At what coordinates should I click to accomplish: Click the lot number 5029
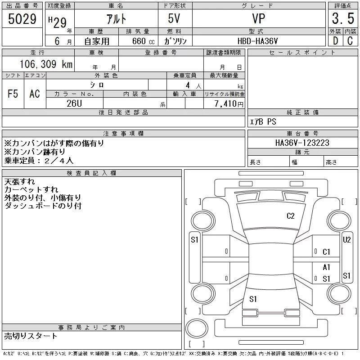(22, 19)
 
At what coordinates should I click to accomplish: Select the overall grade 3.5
(343, 18)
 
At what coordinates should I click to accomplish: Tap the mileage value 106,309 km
(46, 64)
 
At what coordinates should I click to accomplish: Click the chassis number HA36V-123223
(302, 143)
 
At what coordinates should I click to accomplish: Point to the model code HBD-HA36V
(257, 41)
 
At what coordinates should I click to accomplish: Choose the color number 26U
(74, 103)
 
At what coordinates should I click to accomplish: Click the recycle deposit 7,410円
(229, 104)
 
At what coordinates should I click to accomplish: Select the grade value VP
(258, 18)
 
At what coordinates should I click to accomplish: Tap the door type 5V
(174, 18)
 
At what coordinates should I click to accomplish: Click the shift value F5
(13, 94)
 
